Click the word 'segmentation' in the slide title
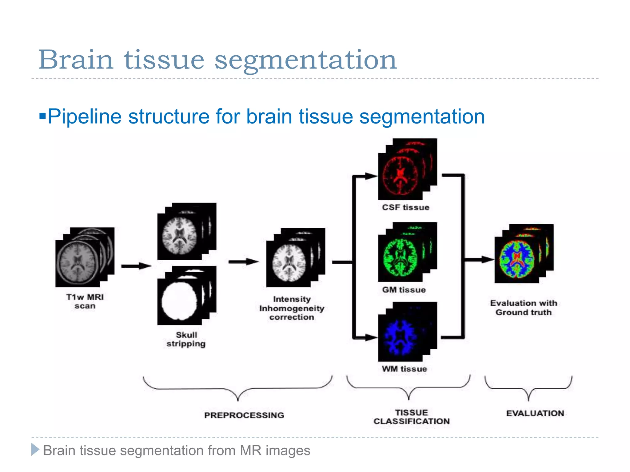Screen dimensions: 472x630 [x=305, y=60]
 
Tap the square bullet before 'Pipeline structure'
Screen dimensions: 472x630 [x=42, y=116]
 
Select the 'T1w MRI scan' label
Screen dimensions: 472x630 [x=85, y=301]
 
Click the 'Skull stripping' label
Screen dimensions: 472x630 [x=186, y=339]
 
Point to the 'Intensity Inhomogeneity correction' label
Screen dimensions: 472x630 [x=292, y=308]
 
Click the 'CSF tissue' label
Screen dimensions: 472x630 [x=405, y=207]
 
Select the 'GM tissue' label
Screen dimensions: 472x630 [x=404, y=290]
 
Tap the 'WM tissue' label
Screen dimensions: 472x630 [x=404, y=369]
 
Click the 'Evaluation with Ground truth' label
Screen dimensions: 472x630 [x=524, y=308]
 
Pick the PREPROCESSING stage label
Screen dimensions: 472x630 [x=244, y=415]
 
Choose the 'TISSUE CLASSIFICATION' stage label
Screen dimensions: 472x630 [x=412, y=417]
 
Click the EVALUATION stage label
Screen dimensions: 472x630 [x=535, y=413]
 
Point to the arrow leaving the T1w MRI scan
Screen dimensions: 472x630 [x=136, y=266]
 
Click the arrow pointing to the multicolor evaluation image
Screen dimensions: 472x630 [x=478, y=260]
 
